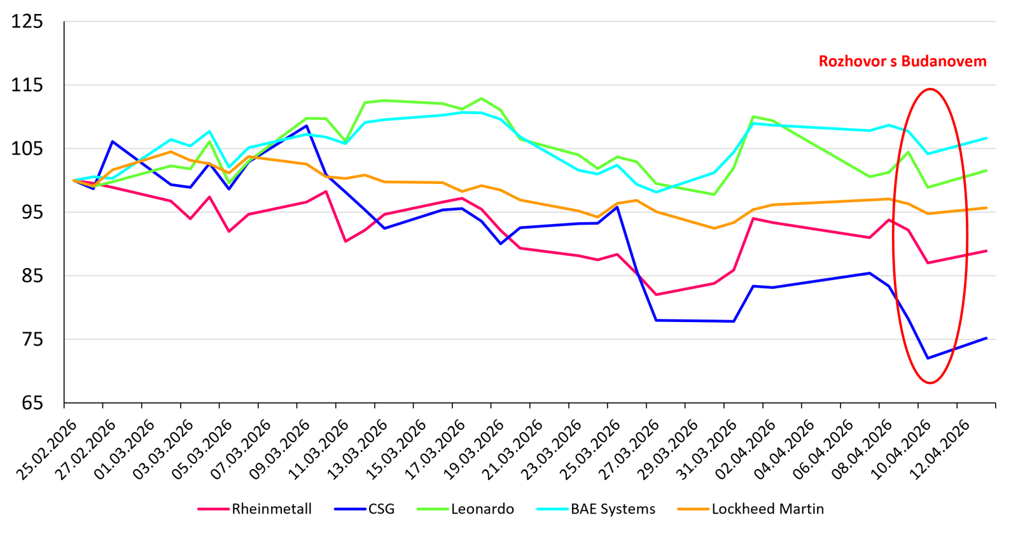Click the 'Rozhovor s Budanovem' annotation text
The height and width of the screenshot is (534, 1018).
coord(902,62)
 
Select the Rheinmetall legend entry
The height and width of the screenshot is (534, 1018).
coord(271,509)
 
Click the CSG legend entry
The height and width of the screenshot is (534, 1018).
coord(381,509)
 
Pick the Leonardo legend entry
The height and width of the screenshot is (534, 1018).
coord(482,509)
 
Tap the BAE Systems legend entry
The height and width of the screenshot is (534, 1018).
coord(613,509)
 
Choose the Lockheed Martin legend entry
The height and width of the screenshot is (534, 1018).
coord(767,509)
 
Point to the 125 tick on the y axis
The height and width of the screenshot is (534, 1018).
coord(27,22)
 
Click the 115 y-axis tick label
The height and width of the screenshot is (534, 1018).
coord(27,85)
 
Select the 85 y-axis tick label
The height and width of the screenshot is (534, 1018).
coord(27,276)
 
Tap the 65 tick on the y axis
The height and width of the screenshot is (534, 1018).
coord(27,403)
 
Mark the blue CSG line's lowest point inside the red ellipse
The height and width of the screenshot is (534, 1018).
coord(928,358)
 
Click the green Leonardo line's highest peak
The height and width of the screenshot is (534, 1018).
coord(482,99)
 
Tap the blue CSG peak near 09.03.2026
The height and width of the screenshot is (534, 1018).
coord(307,125)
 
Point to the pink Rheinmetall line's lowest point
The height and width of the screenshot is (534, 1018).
coord(656,295)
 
